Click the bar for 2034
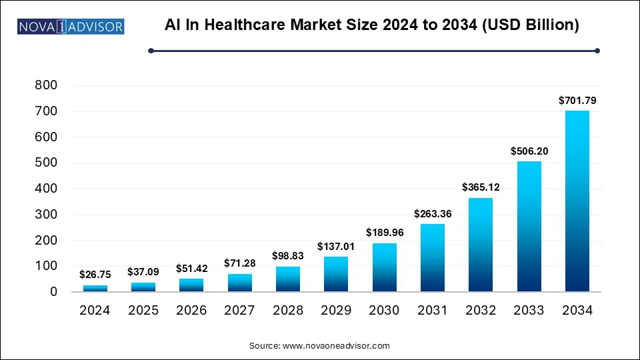pos(577,201)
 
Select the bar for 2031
pos(433,257)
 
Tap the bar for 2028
pos(289,279)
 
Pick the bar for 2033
pos(529,226)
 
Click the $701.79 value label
pos(577,101)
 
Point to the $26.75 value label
pos(96,274)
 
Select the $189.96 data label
pos(385,233)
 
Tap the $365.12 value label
pos(481,187)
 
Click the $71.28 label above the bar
pos(241,263)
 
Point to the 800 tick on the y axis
pos(46,85)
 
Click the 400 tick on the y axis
pos(46,189)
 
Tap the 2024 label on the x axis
pos(96,310)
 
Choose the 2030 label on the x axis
pos(385,310)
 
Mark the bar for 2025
pos(144,287)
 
